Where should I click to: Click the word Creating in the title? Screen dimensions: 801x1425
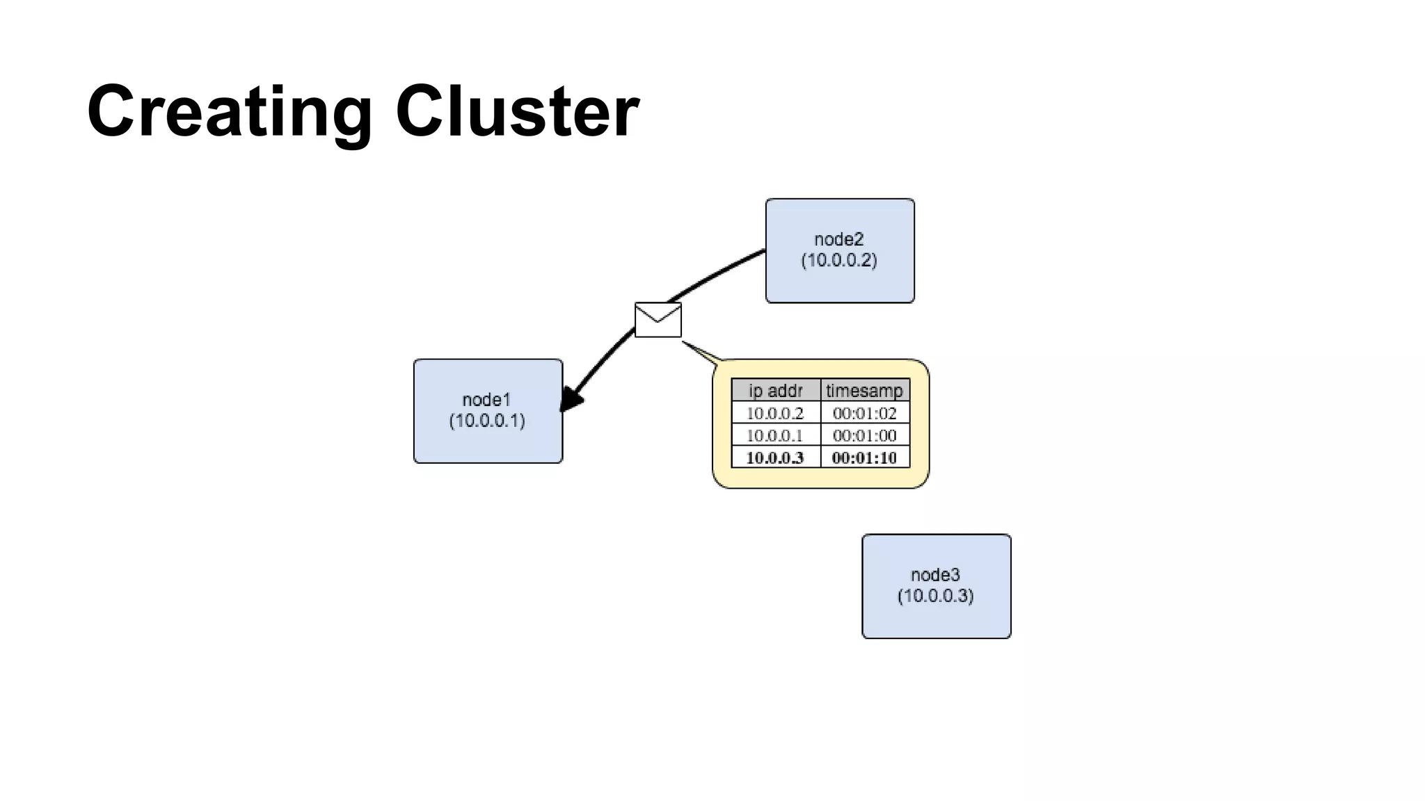230,111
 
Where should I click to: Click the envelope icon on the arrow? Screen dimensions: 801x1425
658,320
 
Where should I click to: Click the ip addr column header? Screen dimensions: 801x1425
776,391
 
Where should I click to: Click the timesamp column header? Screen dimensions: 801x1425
864,391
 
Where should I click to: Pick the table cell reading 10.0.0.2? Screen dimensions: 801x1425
775,413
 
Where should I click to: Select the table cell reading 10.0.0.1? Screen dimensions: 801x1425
775,435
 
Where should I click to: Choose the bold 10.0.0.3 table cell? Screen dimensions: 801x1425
775,458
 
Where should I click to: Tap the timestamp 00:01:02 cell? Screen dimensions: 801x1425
864,413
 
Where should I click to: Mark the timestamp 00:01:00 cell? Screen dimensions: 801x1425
864,435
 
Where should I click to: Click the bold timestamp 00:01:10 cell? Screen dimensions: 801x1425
864,458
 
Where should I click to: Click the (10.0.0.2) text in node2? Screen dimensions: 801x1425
839,261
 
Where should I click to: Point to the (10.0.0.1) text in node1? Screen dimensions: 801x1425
487,421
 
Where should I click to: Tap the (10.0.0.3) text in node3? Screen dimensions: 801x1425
935,596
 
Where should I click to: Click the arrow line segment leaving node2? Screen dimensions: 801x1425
724,270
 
